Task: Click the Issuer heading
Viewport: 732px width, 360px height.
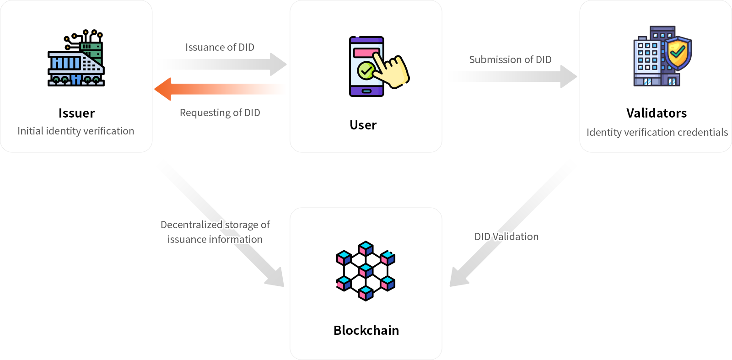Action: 76,113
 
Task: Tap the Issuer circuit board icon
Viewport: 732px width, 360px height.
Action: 76,58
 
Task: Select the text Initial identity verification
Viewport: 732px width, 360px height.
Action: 76,131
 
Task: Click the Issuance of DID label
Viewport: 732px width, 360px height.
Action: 220,47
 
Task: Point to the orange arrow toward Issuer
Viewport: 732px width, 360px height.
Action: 220,89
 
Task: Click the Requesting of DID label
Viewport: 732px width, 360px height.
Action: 220,113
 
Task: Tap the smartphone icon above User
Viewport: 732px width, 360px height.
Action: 367,66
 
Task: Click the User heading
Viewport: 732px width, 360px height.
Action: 363,125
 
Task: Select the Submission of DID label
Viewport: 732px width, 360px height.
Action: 510,59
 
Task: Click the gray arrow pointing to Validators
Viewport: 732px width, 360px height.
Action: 512,76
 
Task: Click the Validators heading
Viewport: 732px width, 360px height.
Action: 657,113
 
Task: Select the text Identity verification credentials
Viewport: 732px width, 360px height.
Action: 657,132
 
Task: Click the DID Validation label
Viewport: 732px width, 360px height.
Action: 506,236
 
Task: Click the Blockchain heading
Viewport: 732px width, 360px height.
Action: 366,330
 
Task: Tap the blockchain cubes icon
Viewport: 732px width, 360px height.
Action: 366,271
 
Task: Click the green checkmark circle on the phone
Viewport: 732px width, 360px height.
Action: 366,70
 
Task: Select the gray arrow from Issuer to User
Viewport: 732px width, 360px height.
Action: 224,64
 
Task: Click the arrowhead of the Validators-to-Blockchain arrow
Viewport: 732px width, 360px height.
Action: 458,277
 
